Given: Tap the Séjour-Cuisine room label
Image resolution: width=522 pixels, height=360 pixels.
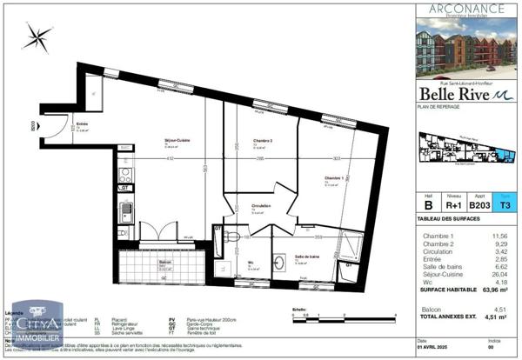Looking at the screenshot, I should tap(178, 141).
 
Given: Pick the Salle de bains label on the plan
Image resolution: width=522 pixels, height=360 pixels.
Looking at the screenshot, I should tap(306, 257).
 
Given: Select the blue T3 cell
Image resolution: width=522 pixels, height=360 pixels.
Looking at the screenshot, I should tap(503, 206).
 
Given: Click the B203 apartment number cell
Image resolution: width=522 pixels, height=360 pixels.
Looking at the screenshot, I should tap(478, 206).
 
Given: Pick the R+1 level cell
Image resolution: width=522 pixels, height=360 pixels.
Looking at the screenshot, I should tap(452, 206).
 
